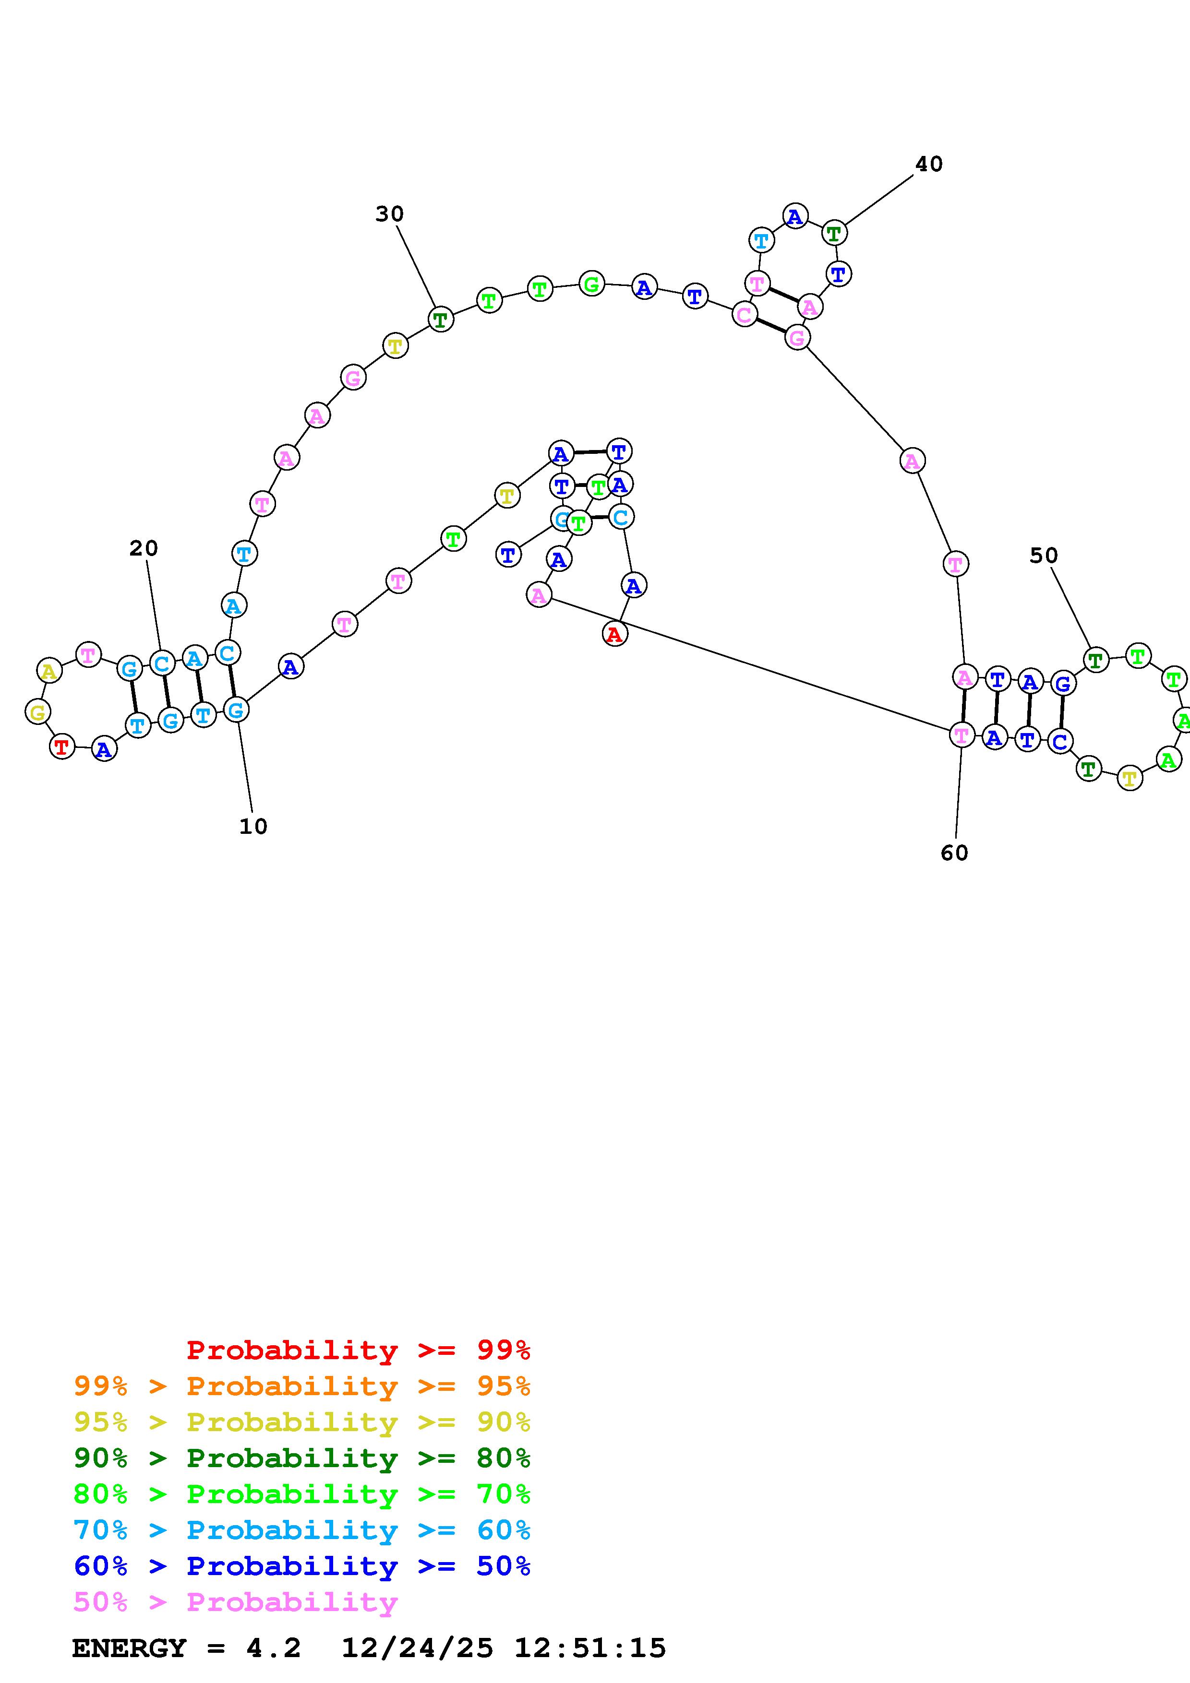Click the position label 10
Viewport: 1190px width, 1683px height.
[x=253, y=826]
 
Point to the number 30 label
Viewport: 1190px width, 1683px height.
[x=389, y=214]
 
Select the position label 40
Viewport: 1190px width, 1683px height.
[x=928, y=164]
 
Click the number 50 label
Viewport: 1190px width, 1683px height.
[x=1044, y=556]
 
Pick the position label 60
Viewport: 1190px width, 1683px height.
[x=954, y=853]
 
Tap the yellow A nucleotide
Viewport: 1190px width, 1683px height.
[x=49, y=671]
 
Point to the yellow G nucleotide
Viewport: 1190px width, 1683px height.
[x=37, y=711]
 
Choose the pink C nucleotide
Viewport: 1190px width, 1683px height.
[x=744, y=314]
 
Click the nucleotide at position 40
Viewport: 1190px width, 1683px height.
[x=834, y=233]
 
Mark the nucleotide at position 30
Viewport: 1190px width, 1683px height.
[x=440, y=320]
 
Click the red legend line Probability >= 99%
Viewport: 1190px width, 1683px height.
[x=358, y=1350]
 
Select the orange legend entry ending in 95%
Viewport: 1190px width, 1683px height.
[x=301, y=1386]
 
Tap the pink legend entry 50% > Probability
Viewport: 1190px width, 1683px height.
[x=235, y=1601]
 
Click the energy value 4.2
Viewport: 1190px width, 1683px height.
[x=274, y=1648]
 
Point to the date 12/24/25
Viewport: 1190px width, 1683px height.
[x=417, y=1648]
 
